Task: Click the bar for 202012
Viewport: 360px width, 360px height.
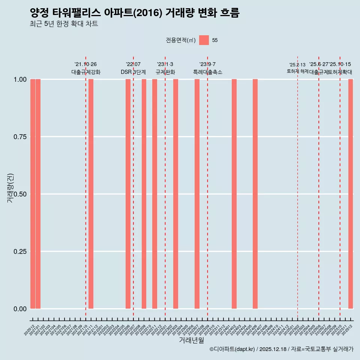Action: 33,194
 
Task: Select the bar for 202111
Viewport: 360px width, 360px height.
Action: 91,194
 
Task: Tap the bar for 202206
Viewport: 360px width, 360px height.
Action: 128,194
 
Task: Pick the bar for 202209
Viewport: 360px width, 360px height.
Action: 144,194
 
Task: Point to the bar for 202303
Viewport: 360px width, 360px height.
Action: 175,194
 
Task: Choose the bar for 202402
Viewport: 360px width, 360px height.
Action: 234,194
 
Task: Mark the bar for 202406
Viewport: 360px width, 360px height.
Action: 255,194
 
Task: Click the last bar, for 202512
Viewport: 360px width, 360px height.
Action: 351,194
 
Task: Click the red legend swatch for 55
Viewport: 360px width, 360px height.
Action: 204,40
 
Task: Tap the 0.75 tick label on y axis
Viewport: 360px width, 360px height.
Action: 20,137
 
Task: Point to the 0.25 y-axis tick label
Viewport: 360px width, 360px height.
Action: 20,252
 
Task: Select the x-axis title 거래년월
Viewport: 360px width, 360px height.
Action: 192,340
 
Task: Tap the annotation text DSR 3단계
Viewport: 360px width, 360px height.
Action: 133,72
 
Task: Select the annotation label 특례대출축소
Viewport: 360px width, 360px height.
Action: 208,72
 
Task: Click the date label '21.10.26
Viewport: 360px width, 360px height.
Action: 85,64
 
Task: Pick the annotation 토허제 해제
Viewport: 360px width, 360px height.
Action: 297,71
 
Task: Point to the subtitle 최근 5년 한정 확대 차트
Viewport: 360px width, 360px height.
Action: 64,24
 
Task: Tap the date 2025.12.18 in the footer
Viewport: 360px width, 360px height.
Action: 273,349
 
